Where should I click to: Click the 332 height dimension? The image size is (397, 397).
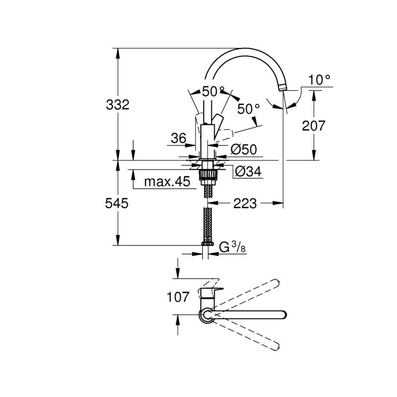pyautogui.click(x=117, y=105)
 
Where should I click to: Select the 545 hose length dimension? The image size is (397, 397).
pyautogui.click(x=117, y=203)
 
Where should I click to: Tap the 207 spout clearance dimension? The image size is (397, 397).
pyautogui.click(x=314, y=126)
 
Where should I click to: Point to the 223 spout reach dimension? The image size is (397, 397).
pyautogui.click(x=245, y=203)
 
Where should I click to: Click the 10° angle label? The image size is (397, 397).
pyautogui.click(x=319, y=80)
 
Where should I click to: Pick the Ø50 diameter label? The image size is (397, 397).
pyautogui.click(x=243, y=150)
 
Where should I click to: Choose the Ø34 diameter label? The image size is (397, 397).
pyautogui.click(x=248, y=172)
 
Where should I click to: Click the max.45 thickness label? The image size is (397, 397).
pyautogui.click(x=167, y=182)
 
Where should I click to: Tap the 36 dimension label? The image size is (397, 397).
pyautogui.click(x=179, y=138)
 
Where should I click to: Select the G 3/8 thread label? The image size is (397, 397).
pyautogui.click(x=232, y=247)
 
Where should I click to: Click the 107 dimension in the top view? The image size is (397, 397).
pyautogui.click(x=178, y=297)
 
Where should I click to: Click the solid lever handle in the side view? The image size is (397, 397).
pyautogui.click(x=217, y=125)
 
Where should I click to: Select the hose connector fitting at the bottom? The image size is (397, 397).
pyautogui.click(x=208, y=243)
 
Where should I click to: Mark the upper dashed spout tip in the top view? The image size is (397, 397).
pyautogui.click(x=277, y=282)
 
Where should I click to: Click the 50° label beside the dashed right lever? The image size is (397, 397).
pyautogui.click(x=248, y=109)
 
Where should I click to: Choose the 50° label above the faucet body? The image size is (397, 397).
pyautogui.click(x=213, y=92)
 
